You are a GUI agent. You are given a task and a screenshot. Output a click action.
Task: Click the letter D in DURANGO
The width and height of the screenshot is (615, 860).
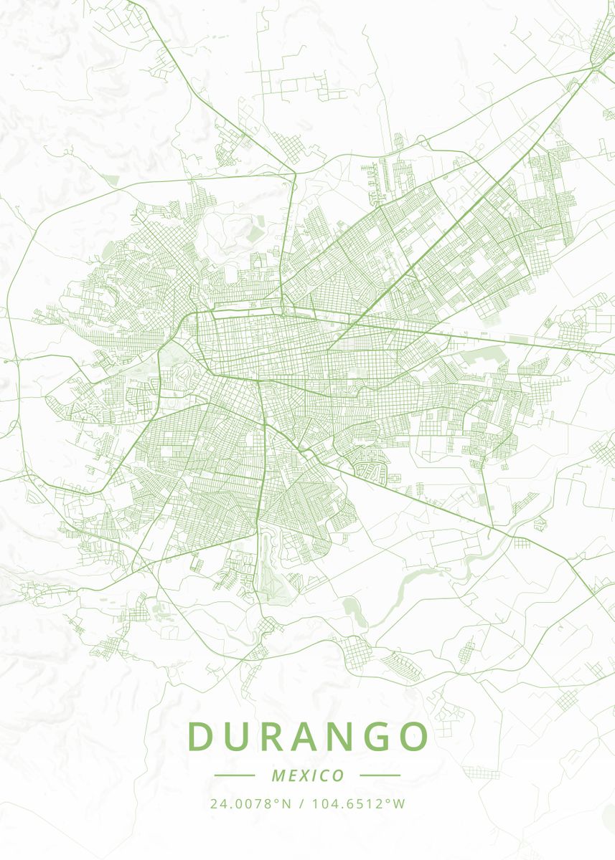[200, 736]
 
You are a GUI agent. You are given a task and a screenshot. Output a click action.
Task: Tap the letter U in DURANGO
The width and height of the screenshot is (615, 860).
[237, 736]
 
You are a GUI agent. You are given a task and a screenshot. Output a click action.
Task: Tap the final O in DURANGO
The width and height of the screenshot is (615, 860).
[414, 736]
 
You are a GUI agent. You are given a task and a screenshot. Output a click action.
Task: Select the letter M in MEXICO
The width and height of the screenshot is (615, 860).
[278, 775]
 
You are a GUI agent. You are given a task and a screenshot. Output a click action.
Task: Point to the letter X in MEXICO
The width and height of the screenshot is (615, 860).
[304, 775]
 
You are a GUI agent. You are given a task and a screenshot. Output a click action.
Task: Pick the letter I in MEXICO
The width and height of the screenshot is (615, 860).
[314, 775]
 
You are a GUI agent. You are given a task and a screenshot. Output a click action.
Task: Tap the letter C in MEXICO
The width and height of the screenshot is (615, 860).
[324, 775]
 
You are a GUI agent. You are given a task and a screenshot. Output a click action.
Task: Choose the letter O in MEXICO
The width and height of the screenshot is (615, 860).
[338, 775]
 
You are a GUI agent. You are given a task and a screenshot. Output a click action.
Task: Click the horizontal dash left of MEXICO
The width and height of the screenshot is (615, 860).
[234, 775]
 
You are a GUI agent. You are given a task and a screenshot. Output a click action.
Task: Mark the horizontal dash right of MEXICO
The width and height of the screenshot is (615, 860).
[380, 775]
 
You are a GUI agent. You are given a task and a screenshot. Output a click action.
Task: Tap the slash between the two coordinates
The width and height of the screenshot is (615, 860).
[301, 803]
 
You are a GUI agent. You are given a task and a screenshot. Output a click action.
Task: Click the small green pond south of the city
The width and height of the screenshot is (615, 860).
[352, 611]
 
